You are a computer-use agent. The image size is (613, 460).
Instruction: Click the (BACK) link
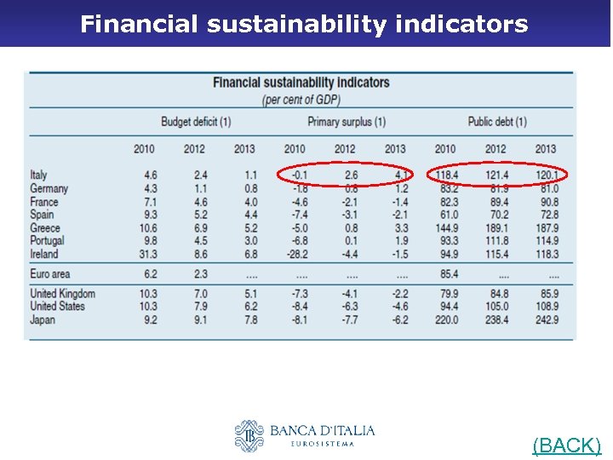tap(566, 445)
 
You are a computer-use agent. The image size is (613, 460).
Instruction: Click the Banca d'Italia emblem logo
tap(249, 435)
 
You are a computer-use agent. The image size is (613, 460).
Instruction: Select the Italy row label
tap(39, 175)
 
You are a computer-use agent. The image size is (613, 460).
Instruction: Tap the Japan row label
tap(43, 320)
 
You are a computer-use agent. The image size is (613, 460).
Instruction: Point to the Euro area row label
tap(50, 274)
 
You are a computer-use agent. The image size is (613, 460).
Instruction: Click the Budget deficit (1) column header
tap(196, 122)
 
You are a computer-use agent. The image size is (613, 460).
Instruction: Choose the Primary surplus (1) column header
tap(347, 122)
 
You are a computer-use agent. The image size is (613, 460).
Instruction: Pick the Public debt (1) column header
tap(497, 122)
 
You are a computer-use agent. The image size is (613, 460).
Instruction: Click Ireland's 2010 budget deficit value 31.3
tap(145, 254)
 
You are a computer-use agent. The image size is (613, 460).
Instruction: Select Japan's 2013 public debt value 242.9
tap(546, 320)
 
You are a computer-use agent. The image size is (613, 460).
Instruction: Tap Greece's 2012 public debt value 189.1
tap(496, 228)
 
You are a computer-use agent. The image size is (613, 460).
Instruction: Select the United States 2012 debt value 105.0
tap(496, 307)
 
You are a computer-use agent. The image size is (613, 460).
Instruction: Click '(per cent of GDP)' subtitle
tap(301, 100)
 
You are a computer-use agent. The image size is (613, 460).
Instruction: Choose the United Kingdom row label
tap(63, 294)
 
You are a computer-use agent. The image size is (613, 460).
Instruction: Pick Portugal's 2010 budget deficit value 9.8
tap(146, 241)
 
